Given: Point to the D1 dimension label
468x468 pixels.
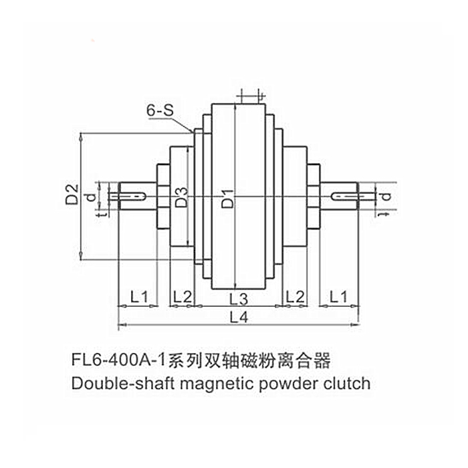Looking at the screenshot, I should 227,198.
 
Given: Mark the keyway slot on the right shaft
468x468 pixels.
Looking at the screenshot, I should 346,196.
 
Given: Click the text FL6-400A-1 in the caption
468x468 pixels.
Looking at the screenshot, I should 118,362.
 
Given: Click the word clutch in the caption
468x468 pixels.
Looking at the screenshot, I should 345,384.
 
